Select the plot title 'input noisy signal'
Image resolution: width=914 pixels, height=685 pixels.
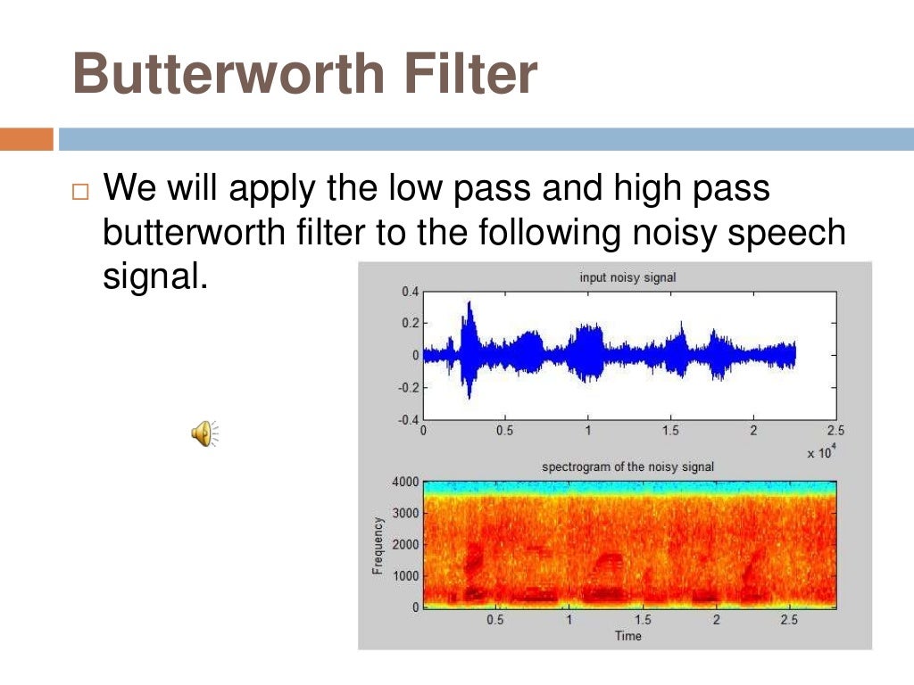coord(627,277)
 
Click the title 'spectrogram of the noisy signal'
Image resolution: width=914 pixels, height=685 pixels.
coord(627,466)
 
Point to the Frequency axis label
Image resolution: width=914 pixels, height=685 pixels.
coord(378,544)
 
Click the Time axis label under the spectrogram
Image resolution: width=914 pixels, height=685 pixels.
coord(627,635)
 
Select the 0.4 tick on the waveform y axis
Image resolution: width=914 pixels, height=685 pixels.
coord(409,292)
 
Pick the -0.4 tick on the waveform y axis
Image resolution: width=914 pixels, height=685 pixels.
coord(406,419)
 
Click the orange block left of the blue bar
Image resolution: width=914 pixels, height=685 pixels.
coord(26,139)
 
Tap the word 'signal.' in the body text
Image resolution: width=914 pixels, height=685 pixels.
coord(155,277)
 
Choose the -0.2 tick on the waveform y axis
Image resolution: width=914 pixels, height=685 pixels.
coord(406,387)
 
